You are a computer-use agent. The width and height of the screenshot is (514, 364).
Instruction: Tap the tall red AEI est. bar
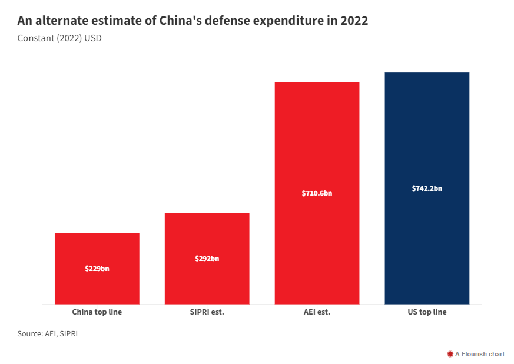tap(317, 147)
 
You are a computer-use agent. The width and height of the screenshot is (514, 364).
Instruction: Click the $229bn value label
tap(97, 269)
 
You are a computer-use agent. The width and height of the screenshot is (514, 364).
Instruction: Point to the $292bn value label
tap(207, 259)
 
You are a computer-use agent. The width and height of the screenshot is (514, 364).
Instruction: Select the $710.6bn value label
tap(317, 193)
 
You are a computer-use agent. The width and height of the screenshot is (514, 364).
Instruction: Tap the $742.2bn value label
tap(427, 188)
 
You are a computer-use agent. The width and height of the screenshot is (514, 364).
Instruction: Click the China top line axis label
tap(97, 312)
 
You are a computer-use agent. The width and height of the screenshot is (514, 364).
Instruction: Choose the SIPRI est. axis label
tap(207, 312)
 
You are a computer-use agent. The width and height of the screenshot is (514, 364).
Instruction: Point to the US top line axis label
tap(427, 312)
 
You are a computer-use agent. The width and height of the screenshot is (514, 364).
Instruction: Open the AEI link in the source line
tap(51, 334)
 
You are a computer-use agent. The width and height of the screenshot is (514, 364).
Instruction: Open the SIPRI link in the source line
tap(68, 334)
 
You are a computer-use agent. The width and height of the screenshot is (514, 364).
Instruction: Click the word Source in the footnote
tap(29, 334)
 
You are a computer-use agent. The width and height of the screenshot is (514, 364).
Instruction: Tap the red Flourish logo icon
tap(450, 354)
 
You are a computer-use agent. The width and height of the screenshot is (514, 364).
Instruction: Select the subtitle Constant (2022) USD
tap(55, 39)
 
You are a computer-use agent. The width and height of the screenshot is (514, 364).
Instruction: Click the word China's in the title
tap(181, 21)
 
